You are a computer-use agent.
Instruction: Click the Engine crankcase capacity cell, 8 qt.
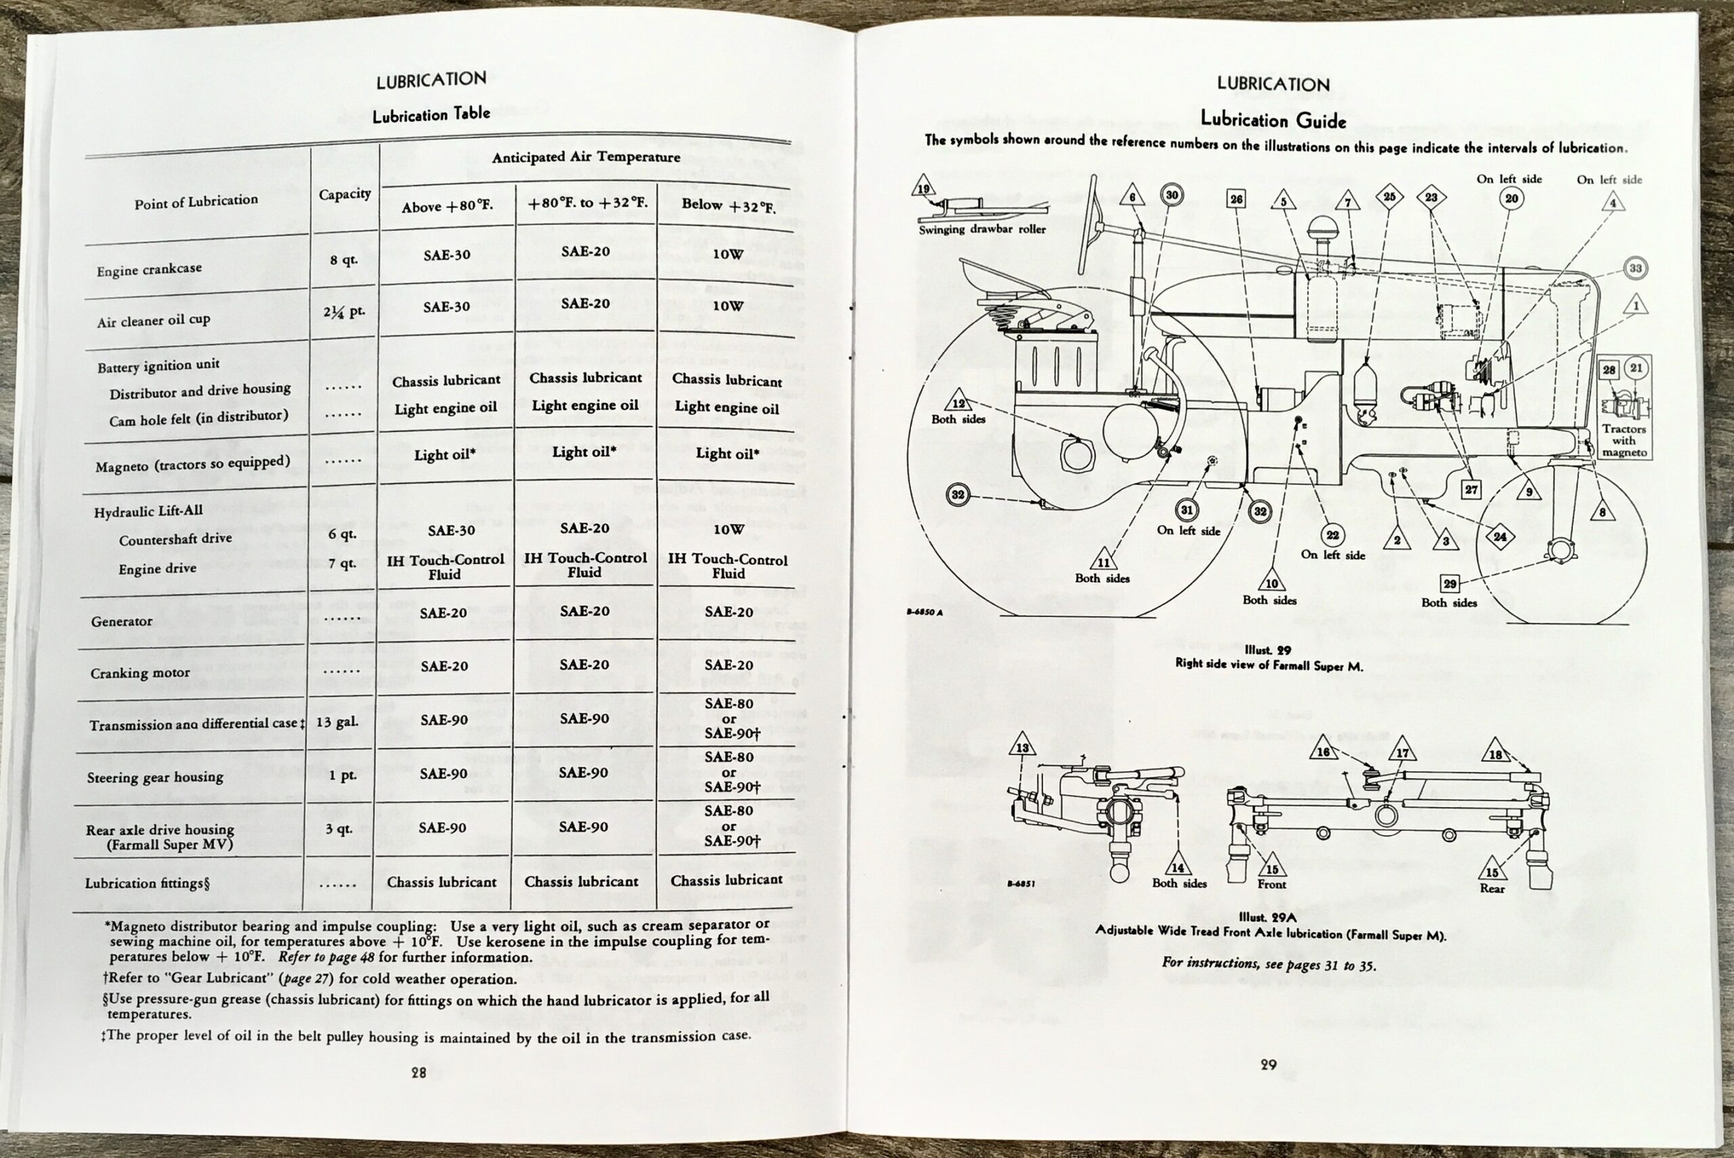click(x=343, y=260)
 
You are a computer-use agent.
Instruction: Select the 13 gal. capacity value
click(x=337, y=721)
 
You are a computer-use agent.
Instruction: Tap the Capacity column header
click(x=344, y=194)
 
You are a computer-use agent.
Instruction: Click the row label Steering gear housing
click(x=155, y=777)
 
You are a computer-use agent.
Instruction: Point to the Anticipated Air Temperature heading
click(x=586, y=157)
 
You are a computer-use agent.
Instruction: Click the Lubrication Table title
click(x=431, y=114)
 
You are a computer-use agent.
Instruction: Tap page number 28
click(x=419, y=1072)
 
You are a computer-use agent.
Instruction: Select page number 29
click(x=1268, y=1064)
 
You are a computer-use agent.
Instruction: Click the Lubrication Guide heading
click(x=1273, y=120)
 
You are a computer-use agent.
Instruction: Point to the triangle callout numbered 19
click(x=923, y=188)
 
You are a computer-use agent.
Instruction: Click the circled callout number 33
click(x=1636, y=268)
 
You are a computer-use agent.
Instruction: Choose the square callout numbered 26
click(x=1236, y=198)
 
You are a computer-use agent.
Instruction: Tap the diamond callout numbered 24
click(x=1500, y=537)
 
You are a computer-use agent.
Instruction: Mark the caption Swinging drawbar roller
click(x=982, y=229)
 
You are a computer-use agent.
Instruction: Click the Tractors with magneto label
click(x=1624, y=440)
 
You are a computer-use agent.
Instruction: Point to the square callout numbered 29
click(x=1450, y=584)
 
